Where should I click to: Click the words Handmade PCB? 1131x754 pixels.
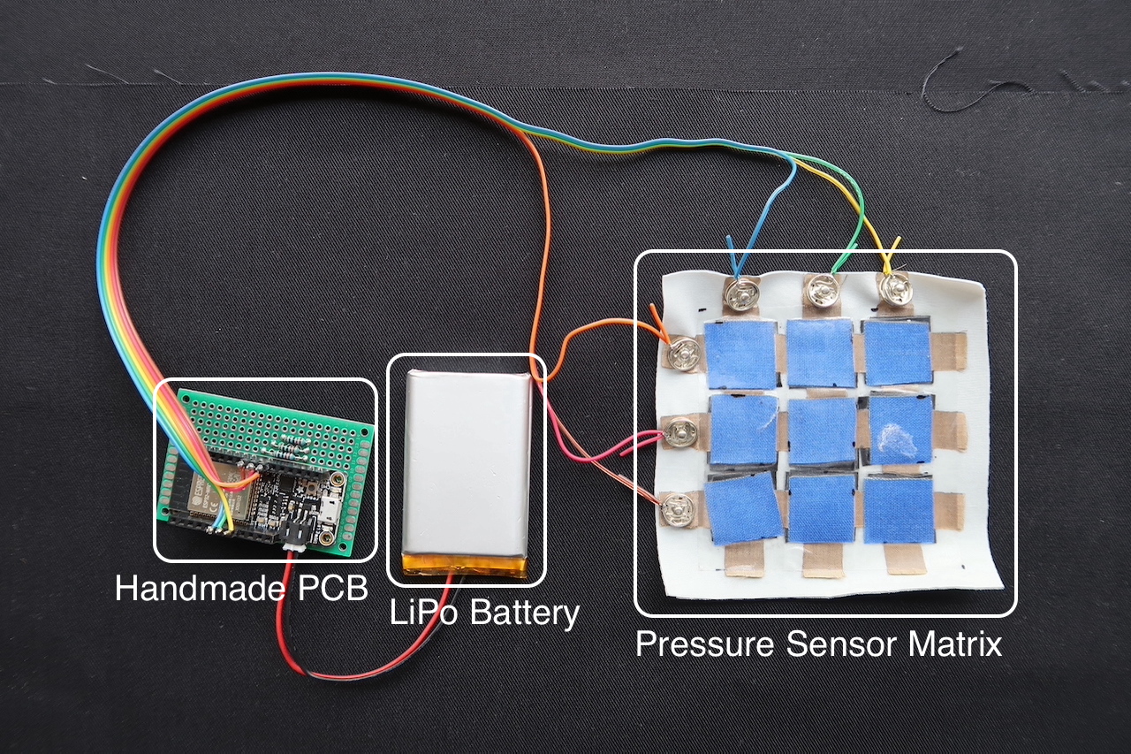pyautogui.click(x=241, y=588)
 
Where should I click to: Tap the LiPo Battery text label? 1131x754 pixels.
pyautogui.click(x=484, y=612)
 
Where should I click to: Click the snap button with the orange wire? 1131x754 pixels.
pyautogui.click(x=681, y=354)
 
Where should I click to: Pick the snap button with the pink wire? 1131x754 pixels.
pyautogui.click(x=679, y=432)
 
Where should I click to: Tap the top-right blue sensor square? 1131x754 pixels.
pyautogui.click(x=897, y=352)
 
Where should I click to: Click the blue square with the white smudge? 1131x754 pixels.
pyautogui.click(x=899, y=430)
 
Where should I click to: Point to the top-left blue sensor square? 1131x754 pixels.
pyautogui.click(x=740, y=354)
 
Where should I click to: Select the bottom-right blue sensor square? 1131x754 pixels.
pyautogui.click(x=899, y=510)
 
